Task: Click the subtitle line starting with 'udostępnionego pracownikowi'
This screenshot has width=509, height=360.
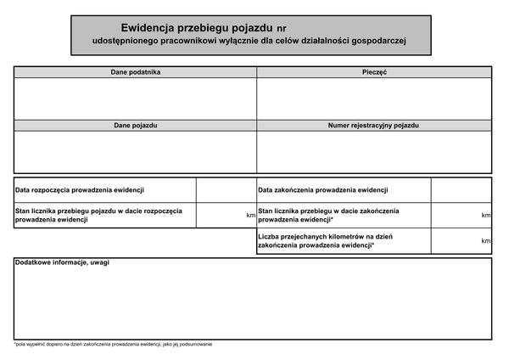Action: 250,41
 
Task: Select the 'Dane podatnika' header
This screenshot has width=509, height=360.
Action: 136,72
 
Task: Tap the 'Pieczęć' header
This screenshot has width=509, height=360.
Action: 374,72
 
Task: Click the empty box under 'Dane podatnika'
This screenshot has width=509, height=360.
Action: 136,98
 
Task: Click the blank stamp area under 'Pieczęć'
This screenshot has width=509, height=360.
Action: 374,98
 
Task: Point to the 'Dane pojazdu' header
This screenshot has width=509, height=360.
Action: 136,126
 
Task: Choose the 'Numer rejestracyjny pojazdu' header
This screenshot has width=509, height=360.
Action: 374,126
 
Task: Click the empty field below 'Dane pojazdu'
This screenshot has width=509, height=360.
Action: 136,152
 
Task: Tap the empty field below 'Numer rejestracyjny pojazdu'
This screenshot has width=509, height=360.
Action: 374,152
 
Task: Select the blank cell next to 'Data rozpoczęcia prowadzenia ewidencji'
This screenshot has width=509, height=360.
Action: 227,190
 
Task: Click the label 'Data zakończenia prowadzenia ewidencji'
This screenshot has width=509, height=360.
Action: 323,190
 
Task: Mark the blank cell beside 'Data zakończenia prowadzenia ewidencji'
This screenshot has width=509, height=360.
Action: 461,190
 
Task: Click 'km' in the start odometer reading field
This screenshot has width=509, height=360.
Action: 251,216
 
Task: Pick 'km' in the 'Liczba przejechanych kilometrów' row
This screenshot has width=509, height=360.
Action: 486,241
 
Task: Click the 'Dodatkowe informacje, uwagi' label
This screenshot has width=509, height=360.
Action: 63,263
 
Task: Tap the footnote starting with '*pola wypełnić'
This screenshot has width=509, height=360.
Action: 113,344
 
